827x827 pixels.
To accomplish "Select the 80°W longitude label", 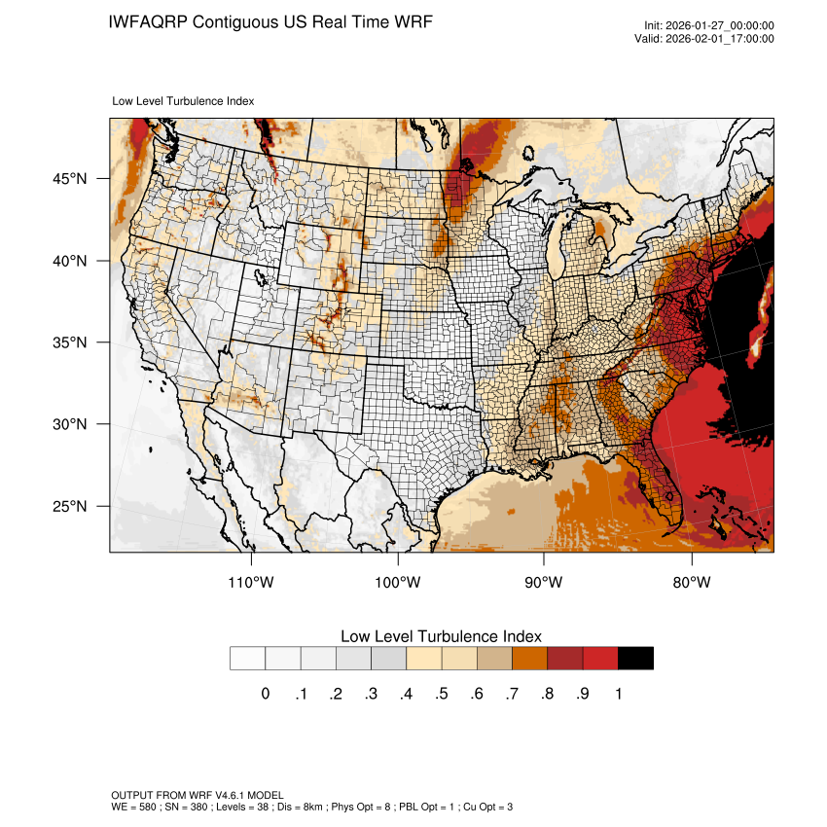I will pyautogui.click(x=692, y=583).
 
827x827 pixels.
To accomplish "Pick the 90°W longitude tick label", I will pyautogui.click(x=545, y=583).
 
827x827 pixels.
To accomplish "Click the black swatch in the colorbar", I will pyautogui.click(x=635, y=659).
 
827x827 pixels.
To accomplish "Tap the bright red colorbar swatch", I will pyautogui.click(x=600, y=659).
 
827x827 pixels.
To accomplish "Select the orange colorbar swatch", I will pyautogui.click(x=530, y=659).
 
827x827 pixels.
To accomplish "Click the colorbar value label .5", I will pyautogui.click(x=442, y=694).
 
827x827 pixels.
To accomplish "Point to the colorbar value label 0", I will pyautogui.click(x=265, y=694).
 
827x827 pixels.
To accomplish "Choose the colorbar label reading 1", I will pyautogui.click(x=618, y=694).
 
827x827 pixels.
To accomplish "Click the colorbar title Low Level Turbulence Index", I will pyautogui.click(x=441, y=636).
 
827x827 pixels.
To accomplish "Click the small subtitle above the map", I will pyautogui.click(x=184, y=100).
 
